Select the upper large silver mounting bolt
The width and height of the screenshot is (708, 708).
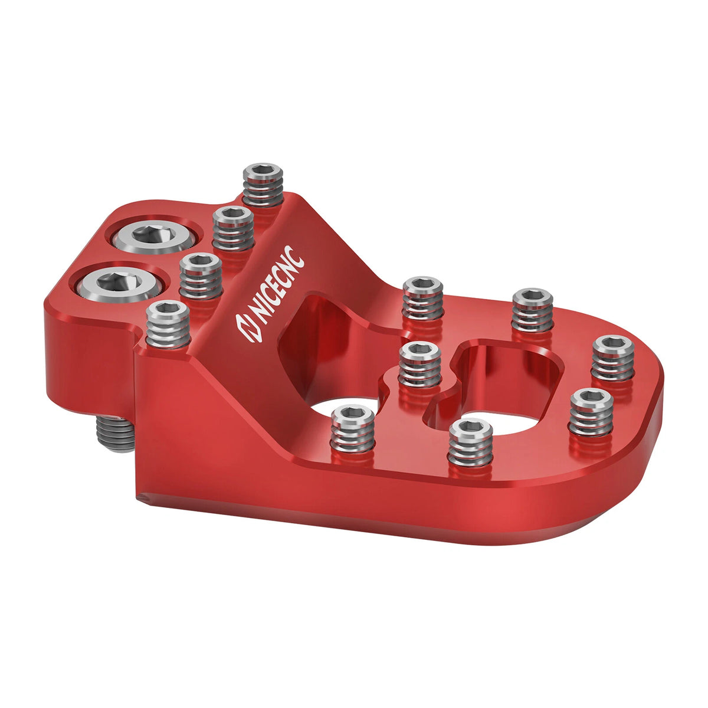point(154,237)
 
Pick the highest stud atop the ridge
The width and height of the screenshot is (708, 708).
point(263,184)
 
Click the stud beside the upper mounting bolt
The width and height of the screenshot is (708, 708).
point(233,228)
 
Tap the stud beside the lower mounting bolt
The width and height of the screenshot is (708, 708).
point(201,276)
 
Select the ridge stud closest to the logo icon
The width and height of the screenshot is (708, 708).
point(168,324)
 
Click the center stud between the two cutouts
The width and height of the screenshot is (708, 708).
point(419,365)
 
